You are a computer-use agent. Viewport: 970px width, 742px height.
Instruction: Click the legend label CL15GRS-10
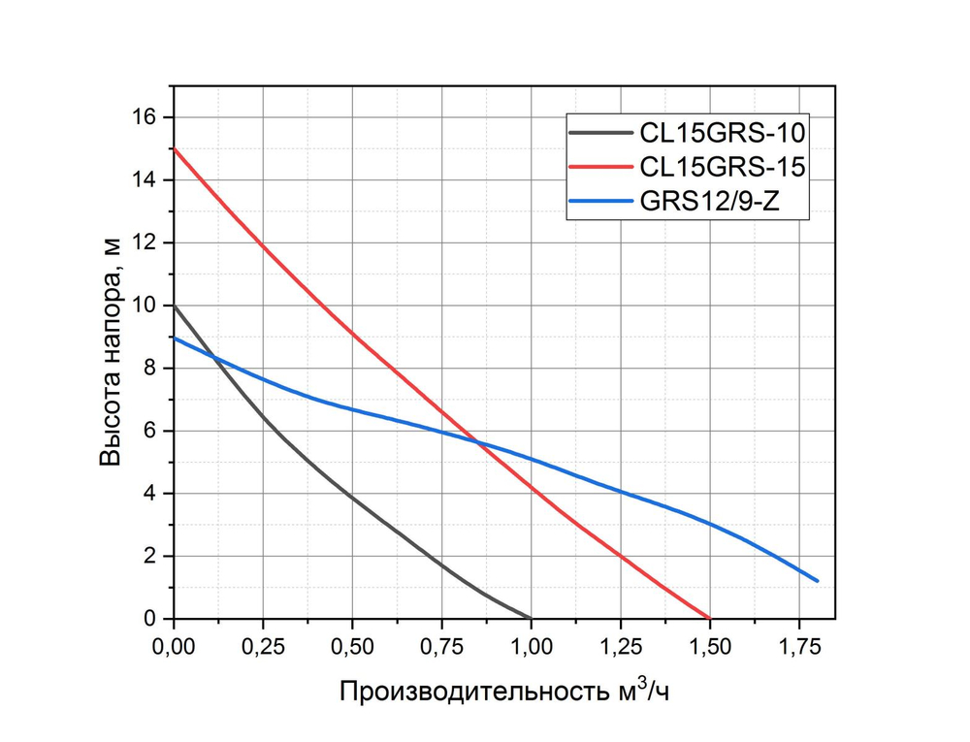point(722,130)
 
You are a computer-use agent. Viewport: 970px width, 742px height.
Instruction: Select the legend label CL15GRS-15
point(722,168)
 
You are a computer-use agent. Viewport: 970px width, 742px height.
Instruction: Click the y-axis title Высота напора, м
point(113,354)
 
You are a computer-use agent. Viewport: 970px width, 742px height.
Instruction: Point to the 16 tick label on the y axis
point(145,117)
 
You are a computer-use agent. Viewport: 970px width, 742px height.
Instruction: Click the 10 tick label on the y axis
point(145,306)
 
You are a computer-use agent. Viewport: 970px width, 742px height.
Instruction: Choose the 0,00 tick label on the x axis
point(174,644)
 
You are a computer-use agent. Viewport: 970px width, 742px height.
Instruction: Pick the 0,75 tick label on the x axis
point(441,644)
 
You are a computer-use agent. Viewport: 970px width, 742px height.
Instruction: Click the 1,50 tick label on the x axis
point(709,644)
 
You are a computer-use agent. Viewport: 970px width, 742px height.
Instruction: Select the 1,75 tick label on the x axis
point(798,644)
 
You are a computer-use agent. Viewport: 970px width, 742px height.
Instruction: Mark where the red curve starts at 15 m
point(174,148)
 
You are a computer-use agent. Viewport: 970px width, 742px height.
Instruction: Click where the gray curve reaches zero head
point(531,618)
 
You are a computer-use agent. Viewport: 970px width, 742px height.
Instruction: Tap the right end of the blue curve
point(818,581)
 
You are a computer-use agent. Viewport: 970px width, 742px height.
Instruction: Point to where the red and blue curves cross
point(475,441)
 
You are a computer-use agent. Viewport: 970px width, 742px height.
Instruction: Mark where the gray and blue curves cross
point(214,357)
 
